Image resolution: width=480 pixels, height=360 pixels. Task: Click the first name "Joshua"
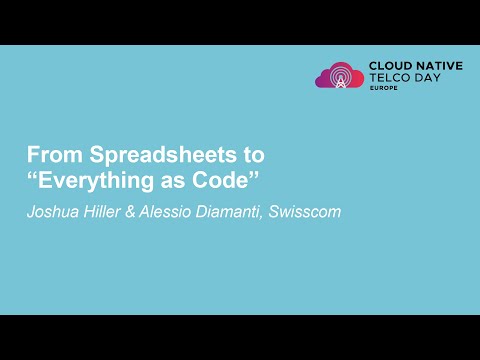point(52,212)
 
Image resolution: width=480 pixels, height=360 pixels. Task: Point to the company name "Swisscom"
point(304,212)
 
